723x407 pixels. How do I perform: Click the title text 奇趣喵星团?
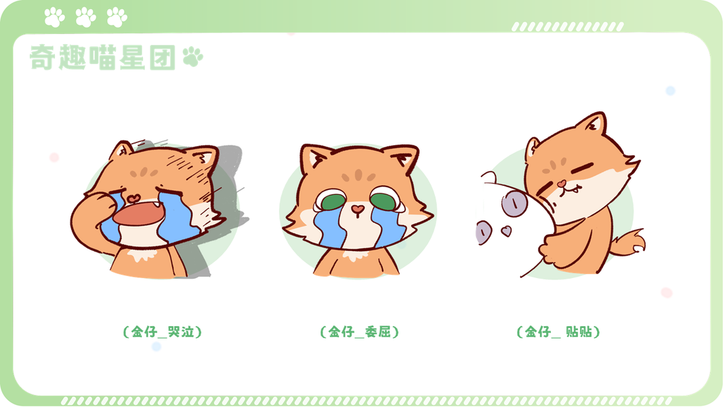102,58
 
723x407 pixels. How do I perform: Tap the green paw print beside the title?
192,56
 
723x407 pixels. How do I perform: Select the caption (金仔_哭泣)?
163,332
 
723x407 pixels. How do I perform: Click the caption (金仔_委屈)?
359,332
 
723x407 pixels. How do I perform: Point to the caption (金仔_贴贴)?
558,332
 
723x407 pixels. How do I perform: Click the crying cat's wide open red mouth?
138,215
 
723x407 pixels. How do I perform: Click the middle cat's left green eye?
333,201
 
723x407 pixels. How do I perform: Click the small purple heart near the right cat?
505,230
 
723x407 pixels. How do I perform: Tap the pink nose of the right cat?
561,184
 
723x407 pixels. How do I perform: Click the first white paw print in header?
54,18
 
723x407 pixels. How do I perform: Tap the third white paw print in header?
117,18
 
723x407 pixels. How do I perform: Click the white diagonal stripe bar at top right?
568,26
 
